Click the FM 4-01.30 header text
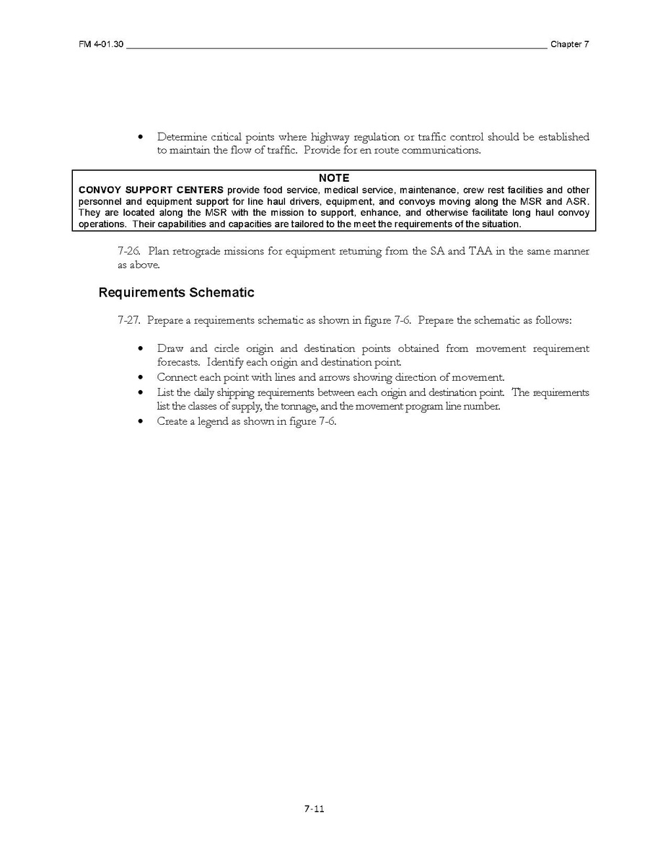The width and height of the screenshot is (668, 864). pos(101,45)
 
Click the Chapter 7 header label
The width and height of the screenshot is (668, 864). pos(570,45)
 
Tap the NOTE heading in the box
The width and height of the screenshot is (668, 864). pos(333,178)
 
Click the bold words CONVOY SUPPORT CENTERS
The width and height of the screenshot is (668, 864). pos(151,190)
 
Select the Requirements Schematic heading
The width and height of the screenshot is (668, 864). pos(176,293)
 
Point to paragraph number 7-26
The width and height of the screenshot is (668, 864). pos(130,252)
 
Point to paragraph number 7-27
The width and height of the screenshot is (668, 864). pos(130,320)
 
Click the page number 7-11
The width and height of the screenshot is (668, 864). pos(314,809)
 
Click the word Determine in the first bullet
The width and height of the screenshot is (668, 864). pos(181,137)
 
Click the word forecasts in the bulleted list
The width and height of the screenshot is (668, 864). pos(178,363)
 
